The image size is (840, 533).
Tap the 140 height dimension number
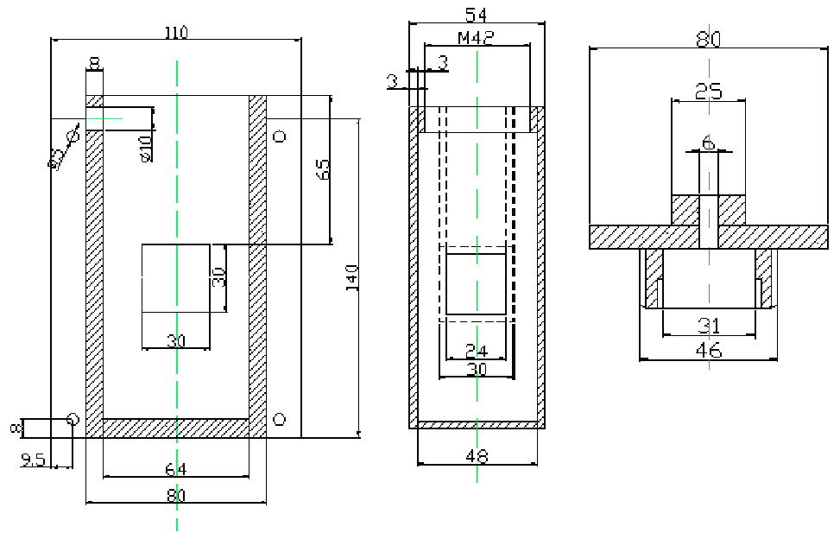(x=352, y=276)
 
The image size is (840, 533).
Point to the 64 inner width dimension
(x=176, y=469)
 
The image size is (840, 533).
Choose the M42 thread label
(x=476, y=39)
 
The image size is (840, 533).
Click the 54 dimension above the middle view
(x=476, y=14)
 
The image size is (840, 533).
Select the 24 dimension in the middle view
(x=476, y=352)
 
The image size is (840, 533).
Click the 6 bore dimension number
(x=709, y=143)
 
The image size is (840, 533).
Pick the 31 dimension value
(x=709, y=326)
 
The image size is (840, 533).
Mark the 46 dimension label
(x=709, y=350)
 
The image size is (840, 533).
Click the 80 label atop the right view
(x=709, y=39)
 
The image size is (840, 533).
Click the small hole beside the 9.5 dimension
(x=73, y=420)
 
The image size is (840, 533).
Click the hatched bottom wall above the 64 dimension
(x=176, y=428)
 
